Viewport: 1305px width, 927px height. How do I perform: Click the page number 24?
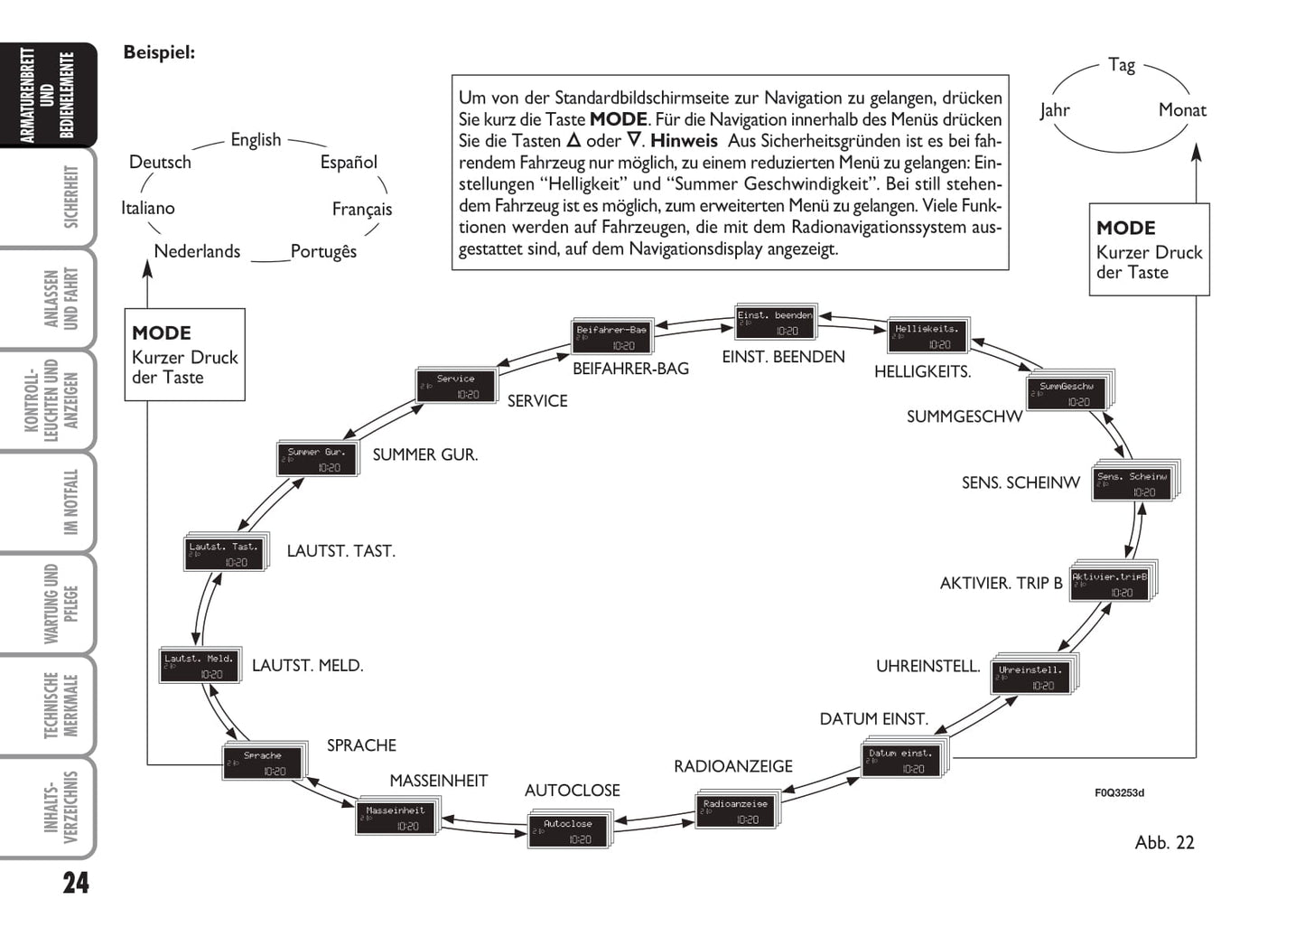click(76, 883)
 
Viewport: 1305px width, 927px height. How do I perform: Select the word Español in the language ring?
click(349, 163)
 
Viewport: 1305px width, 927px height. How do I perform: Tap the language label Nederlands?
click(197, 251)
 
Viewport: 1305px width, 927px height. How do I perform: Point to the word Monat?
click(1181, 110)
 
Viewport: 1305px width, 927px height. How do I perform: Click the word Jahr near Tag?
click(1054, 110)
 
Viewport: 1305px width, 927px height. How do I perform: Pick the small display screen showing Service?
click(456, 386)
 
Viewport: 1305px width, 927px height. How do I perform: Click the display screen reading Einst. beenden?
click(775, 323)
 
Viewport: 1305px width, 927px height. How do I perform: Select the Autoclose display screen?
click(568, 831)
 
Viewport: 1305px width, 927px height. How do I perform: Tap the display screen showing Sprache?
click(263, 763)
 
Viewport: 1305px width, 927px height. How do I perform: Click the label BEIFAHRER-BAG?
click(630, 369)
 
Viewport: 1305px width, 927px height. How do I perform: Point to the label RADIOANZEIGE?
click(732, 766)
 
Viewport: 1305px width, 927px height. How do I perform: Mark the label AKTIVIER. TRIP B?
click(1001, 584)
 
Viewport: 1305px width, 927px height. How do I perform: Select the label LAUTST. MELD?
click(307, 666)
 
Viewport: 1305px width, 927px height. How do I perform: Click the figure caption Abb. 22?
click(1164, 843)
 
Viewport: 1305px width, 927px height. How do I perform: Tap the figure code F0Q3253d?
click(1119, 793)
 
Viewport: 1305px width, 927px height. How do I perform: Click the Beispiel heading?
click(159, 52)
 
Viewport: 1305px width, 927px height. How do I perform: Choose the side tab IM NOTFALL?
click(71, 502)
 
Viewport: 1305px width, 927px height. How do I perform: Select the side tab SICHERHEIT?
click(71, 197)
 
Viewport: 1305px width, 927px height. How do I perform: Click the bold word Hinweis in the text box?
click(684, 141)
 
